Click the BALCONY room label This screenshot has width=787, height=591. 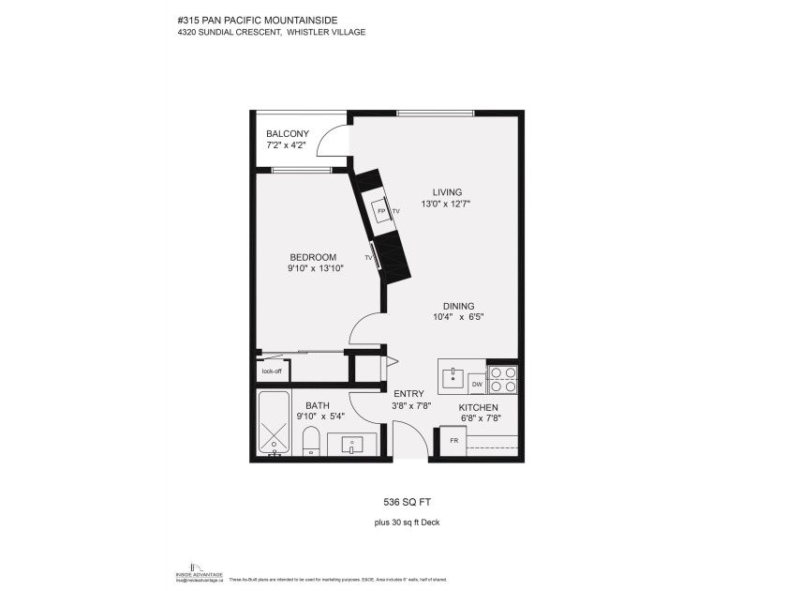(287, 134)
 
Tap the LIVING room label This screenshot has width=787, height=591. (447, 192)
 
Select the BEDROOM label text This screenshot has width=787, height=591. (312, 257)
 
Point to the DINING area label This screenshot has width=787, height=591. (458, 306)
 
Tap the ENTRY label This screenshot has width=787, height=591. (408, 394)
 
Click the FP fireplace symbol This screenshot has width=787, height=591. (381, 212)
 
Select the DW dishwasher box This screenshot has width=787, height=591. (477, 384)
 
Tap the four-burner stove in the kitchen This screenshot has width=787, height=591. (503, 378)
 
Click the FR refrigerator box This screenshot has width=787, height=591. (453, 440)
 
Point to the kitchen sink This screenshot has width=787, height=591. (453, 377)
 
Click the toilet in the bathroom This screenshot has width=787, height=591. (312, 440)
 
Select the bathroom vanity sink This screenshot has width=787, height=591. (353, 443)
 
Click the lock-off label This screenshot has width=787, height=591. (272, 371)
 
